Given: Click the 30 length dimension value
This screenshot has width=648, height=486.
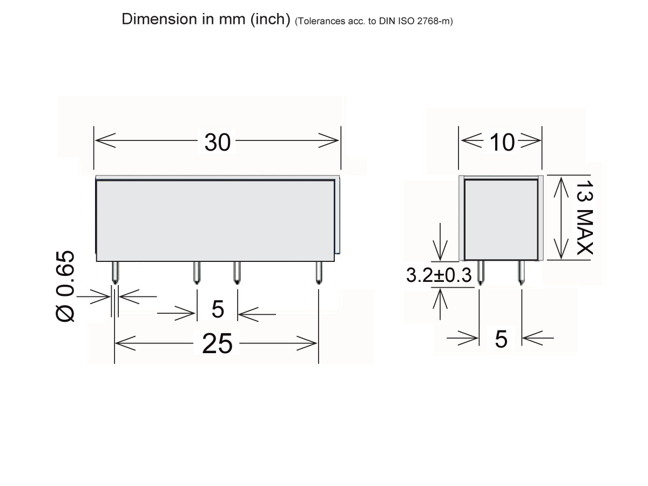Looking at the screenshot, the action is (217, 142).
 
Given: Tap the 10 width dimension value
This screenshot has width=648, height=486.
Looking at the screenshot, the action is (502, 142).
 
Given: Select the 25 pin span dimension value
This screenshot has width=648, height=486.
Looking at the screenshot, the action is (217, 343).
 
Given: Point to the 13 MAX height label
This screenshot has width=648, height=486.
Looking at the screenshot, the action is (585, 218).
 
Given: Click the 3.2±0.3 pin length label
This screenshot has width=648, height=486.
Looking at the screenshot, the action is (438, 275).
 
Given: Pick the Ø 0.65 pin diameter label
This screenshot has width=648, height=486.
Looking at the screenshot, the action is (65, 286).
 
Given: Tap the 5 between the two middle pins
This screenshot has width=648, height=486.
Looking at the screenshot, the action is (218, 309).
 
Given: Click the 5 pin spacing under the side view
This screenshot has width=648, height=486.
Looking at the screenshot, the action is (501, 339).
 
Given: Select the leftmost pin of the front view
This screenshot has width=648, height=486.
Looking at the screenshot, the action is (116, 273).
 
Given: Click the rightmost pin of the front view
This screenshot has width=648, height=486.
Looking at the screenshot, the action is (319, 273).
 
